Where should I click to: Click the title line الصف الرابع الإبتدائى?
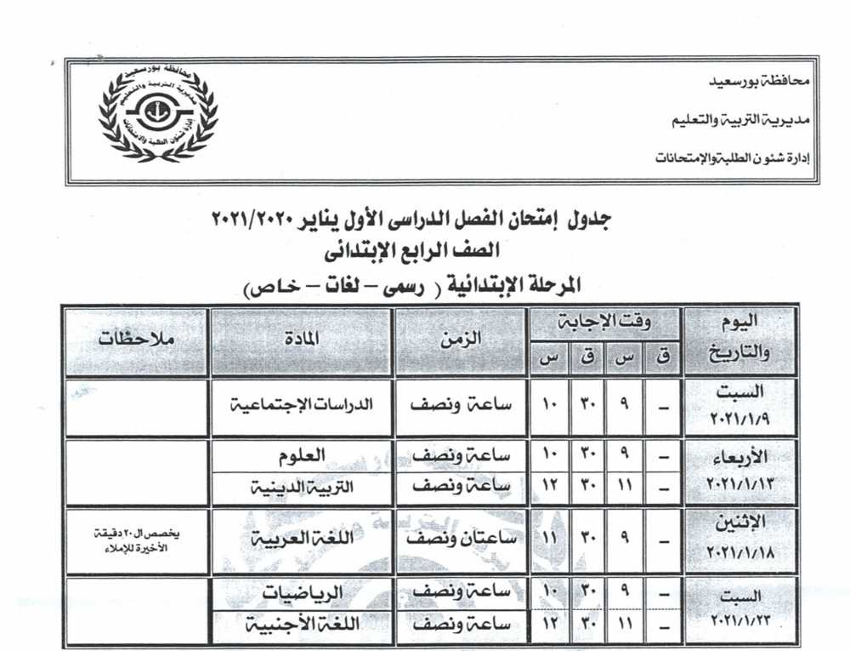422,252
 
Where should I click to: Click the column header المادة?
301,338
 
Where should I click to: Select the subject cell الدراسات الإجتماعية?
302,405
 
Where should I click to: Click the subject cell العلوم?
303,456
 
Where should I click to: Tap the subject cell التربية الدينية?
302,488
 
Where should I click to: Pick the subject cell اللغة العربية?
302,540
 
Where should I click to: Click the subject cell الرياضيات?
303,591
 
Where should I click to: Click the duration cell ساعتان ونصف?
460,540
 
